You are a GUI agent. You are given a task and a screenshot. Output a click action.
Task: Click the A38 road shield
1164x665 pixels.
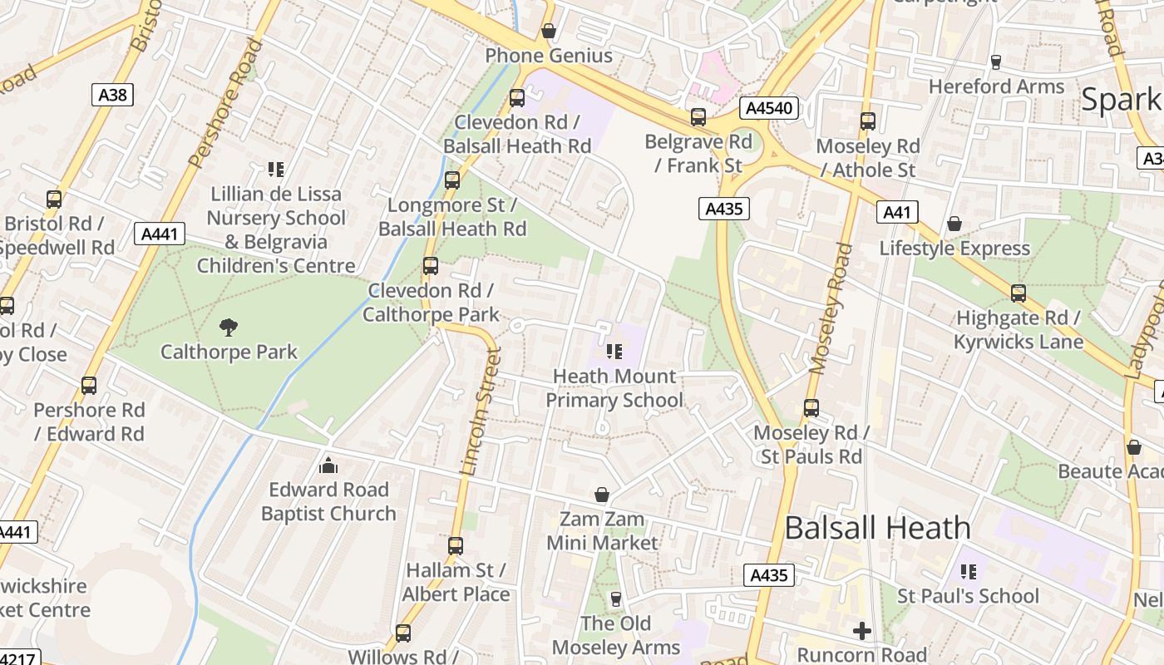pyautogui.click(x=112, y=95)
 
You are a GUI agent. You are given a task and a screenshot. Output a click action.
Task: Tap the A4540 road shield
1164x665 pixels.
pyautogui.click(x=769, y=108)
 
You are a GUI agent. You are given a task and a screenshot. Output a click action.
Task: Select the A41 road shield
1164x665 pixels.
pyautogui.click(x=897, y=212)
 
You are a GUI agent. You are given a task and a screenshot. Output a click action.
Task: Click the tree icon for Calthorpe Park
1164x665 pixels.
pyautogui.click(x=228, y=327)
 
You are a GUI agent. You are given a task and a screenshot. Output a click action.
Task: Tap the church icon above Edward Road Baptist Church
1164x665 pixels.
pyautogui.click(x=328, y=465)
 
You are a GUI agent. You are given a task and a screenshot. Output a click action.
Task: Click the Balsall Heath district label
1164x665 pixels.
pyautogui.click(x=877, y=528)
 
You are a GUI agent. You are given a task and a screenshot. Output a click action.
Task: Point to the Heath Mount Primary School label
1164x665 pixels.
pyautogui.click(x=614, y=388)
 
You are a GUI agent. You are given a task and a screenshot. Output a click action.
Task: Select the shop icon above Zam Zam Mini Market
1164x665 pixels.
pyautogui.click(x=602, y=495)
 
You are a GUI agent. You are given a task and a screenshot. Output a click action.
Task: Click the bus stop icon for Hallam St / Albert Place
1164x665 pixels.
pyautogui.click(x=456, y=546)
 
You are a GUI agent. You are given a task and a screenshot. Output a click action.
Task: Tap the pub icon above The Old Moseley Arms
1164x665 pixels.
pyautogui.click(x=616, y=598)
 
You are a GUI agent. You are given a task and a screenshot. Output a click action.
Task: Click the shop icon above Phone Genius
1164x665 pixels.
pyautogui.click(x=549, y=32)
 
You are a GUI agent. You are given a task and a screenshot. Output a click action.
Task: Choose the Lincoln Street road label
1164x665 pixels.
pyautogui.click(x=481, y=411)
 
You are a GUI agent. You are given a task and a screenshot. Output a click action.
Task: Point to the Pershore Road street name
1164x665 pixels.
pyautogui.click(x=226, y=103)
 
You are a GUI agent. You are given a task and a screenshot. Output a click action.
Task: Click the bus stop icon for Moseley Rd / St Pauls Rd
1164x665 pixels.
pyautogui.click(x=811, y=408)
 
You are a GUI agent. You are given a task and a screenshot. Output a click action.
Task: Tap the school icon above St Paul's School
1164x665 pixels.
pyautogui.click(x=968, y=572)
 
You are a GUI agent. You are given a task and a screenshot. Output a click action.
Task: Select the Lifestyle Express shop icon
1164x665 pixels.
pyautogui.click(x=954, y=224)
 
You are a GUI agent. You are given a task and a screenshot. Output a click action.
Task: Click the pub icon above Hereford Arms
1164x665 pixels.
pyautogui.click(x=996, y=62)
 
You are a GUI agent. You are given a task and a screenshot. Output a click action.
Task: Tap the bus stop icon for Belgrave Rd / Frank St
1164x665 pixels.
pyautogui.click(x=698, y=117)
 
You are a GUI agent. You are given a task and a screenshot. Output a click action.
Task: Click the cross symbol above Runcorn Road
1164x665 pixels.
pyautogui.click(x=862, y=631)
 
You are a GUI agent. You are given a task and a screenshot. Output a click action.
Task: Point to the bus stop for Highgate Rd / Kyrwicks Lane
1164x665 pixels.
pyautogui.click(x=1018, y=293)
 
